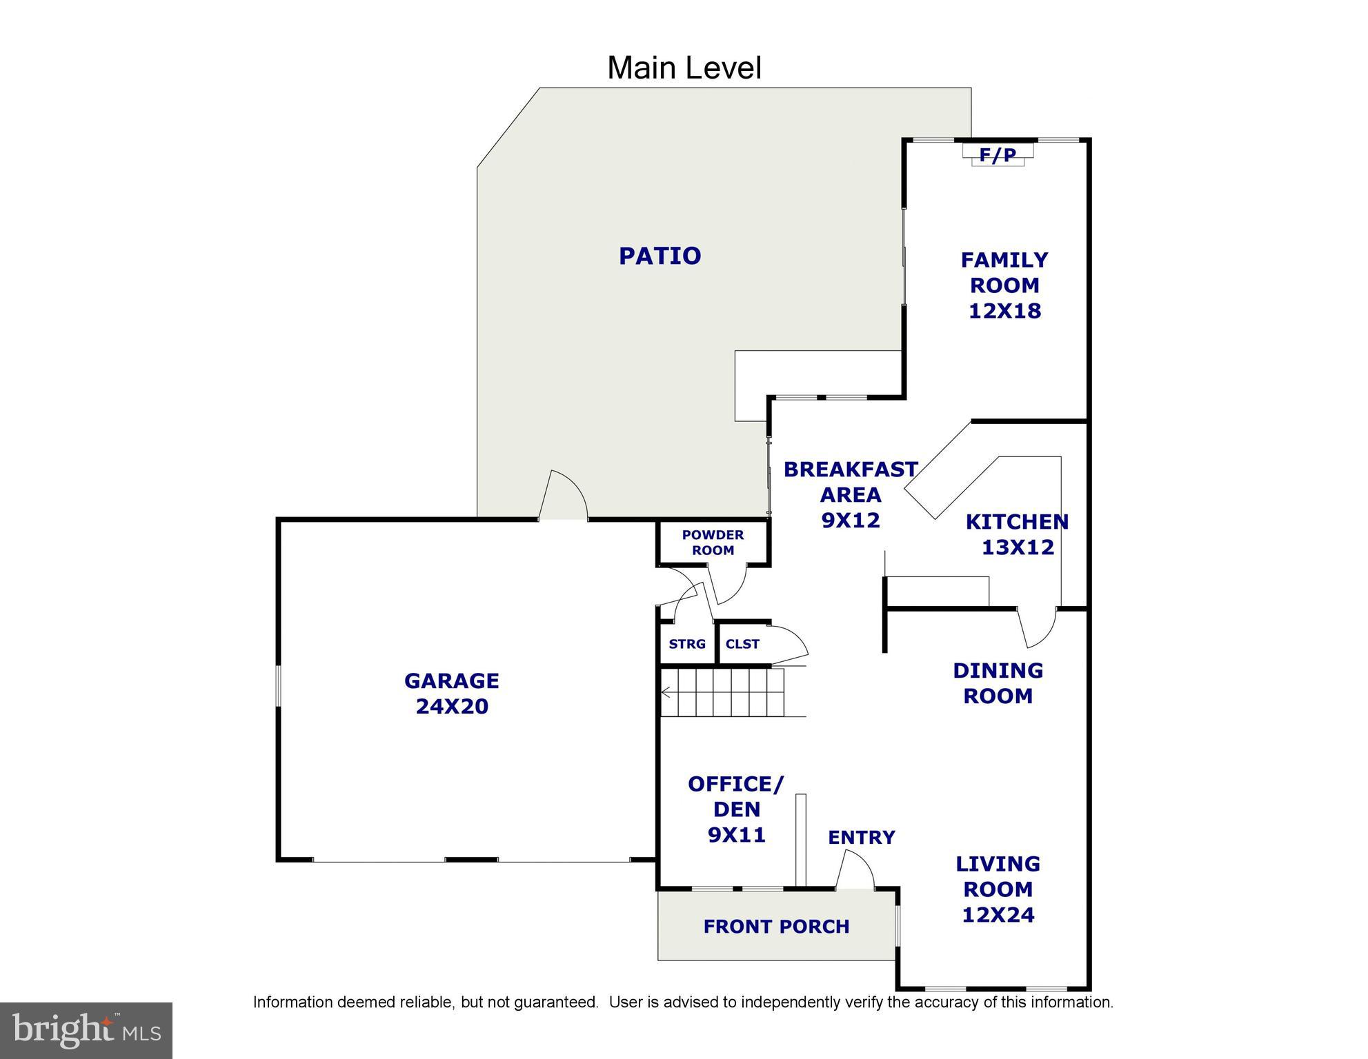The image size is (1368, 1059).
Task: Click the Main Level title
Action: (684, 68)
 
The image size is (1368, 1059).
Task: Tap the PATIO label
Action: (660, 256)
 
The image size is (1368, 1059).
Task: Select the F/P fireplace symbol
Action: (998, 155)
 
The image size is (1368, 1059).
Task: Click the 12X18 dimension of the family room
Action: (1004, 311)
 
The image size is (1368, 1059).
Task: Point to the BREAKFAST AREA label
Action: (850, 482)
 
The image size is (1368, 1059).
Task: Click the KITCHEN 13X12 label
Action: (1017, 534)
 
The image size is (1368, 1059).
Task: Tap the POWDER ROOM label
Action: (713, 543)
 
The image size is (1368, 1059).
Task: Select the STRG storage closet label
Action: (686, 644)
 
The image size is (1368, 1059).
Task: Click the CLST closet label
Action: (742, 644)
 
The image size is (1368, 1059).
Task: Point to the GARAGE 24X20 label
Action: (451, 694)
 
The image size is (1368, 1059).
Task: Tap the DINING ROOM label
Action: (998, 683)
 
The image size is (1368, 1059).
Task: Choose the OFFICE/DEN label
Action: (736, 796)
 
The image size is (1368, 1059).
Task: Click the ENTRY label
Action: (861, 838)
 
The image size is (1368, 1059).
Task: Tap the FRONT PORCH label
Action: (776, 927)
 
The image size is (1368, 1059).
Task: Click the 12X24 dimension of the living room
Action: (998, 915)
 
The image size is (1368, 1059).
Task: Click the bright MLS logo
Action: (86, 1030)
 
